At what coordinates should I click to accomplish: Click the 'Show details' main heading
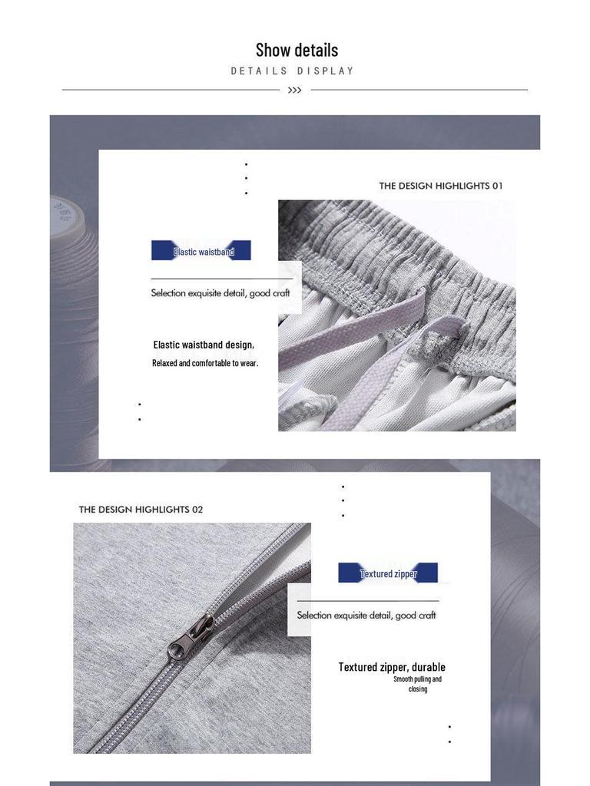[x=297, y=50]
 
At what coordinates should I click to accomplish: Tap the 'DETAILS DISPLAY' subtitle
[x=293, y=71]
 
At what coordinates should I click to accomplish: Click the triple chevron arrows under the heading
[x=294, y=91]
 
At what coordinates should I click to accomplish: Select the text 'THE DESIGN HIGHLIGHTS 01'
[x=440, y=186]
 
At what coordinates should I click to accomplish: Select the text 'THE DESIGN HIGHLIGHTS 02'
[x=141, y=510]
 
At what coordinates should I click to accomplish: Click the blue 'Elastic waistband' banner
[x=201, y=251]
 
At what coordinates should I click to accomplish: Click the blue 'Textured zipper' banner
[x=388, y=573]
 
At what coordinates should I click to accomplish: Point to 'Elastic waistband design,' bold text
[x=204, y=345]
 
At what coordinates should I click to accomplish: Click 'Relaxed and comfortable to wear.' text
[x=205, y=363]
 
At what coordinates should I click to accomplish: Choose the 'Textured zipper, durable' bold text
[x=392, y=667]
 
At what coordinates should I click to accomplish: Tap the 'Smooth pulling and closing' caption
[x=417, y=684]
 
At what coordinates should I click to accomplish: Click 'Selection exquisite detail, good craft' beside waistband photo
[x=220, y=293]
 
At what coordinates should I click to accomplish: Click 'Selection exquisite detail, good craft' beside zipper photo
[x=366, y=616]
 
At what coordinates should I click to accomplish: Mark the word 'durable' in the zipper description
[x=429, y=667]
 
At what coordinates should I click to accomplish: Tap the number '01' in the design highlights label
[x=497, y=186]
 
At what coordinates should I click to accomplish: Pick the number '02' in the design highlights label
[x=197, y=510]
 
